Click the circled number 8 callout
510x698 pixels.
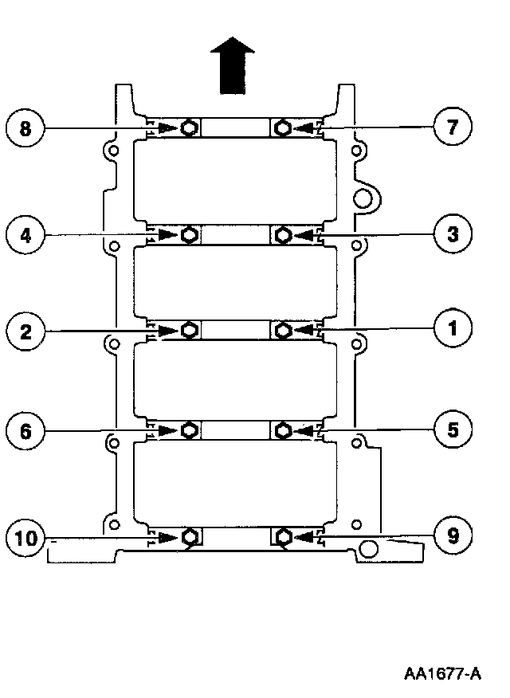pyautogui.click(x=26, y=128)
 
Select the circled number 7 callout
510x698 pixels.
pyautogui.click(x=452, y=128)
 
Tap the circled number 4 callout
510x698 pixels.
pyautogui.click(x=26, y=234)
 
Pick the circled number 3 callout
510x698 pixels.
pyautogui.click(x=452, y=234)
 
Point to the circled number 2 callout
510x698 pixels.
pyautogui.click(x=26, y=329)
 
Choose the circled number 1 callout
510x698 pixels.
pyautogui.click(x=452, y=328)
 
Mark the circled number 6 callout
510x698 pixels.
pyautogui.click(x=26, y=431)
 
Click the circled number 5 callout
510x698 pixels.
pyautogui.click(x=452, y=430)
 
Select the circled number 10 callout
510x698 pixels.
pyautogui.click(x=26, y=537)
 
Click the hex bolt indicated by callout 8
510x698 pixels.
pyautogui.click(x=189, y=127)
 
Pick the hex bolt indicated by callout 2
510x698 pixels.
pyautogui.click(x=189, y=329)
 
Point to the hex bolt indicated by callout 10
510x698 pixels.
pyautogui.click(x=189, y=537)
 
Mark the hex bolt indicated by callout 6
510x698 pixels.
pyautogui.click(x=189, y=431)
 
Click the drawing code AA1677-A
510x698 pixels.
pyautogui.click(x=442, y=674)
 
